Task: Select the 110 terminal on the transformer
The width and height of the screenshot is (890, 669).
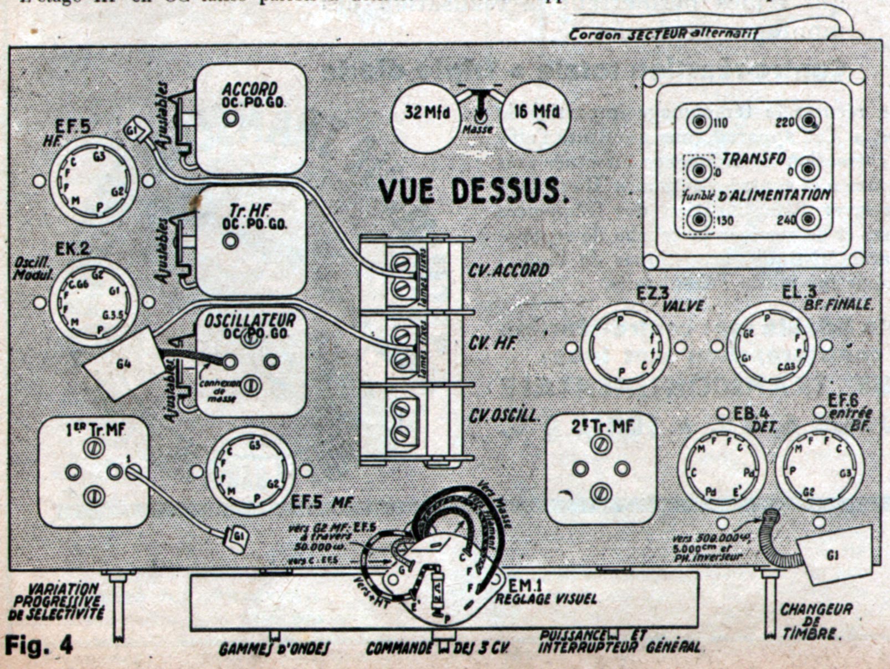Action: click(x=699, y=122)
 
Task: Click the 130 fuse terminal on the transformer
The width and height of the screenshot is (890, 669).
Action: click(x=699, y=220)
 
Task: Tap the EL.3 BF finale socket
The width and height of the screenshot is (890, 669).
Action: click(x=771, y=346)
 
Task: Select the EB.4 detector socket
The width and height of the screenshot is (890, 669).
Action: click(x=722, y=469)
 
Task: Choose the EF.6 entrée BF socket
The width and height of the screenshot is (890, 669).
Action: click(x=820, y=467)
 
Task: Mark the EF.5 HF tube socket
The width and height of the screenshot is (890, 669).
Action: click(x=94, y=181)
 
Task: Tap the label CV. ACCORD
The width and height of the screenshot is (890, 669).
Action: click(x=508, y=270)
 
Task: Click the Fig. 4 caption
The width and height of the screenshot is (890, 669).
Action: click(x=39, y=645)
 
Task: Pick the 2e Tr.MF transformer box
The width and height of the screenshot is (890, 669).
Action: click(x=601, y=469)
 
